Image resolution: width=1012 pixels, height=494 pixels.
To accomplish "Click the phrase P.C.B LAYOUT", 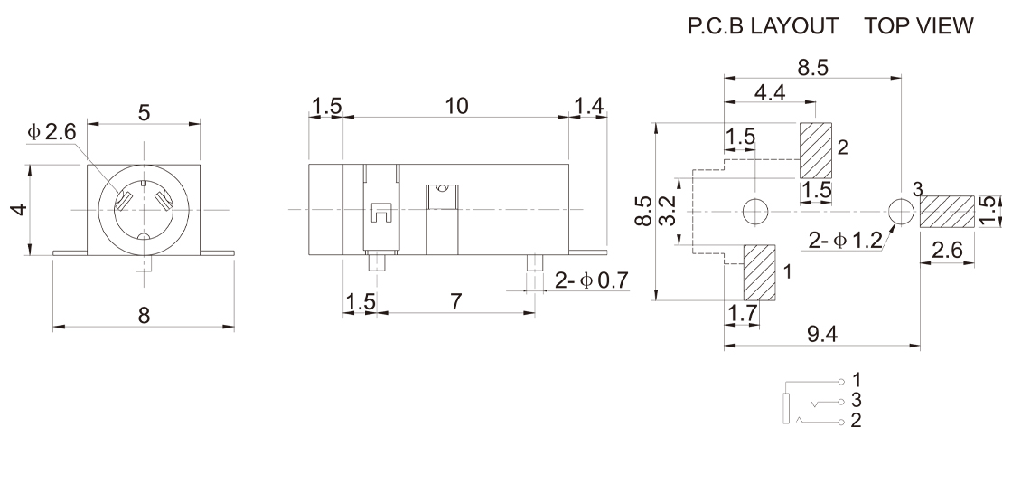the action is (x=764, y=26).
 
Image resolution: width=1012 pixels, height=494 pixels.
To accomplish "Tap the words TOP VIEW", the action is (x=918, y=26).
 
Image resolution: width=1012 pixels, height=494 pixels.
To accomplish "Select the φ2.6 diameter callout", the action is (x=52, y=131).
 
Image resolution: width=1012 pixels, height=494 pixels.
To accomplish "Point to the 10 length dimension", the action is (x=457, y=105).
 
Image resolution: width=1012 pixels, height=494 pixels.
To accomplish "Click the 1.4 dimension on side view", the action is (x=588, y=105).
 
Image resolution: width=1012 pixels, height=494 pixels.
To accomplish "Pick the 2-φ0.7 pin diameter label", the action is (x=591, y=280).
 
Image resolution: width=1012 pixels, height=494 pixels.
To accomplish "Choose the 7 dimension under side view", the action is (x=455, y=301).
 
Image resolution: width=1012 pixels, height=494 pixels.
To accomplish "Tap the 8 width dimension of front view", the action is (x=144, y=315).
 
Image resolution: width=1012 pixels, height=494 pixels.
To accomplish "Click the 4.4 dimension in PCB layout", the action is (x=769, y=92).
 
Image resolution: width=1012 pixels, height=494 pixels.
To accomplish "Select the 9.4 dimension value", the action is (x=822, y=334).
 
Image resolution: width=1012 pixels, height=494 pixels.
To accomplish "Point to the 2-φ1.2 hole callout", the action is (x=845, y=240).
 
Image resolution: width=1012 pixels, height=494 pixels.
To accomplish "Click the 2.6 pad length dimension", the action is (x=946, y=251).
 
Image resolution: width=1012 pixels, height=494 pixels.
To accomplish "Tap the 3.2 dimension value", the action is (x=670, y=210).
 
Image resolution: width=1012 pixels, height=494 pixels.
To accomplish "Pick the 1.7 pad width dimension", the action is (x=742, y=314).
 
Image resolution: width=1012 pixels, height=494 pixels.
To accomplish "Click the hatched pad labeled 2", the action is (x=816, y=151).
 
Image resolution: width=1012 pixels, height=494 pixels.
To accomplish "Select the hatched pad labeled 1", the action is (x=760, y=273).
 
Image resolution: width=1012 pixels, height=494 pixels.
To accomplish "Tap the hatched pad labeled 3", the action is (x=946, y=212).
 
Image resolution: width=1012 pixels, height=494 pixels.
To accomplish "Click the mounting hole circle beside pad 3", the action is (x=900, y=212).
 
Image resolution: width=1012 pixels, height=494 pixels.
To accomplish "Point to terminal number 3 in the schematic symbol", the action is (x=856, y=400).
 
